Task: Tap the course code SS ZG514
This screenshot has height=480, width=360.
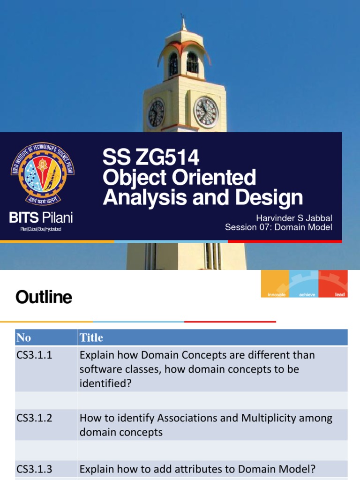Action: point(151,158)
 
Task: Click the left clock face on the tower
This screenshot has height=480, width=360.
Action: point(156,113)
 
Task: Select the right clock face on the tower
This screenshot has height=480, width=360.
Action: point(206,112)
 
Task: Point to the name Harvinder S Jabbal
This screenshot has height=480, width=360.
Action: point(294,218)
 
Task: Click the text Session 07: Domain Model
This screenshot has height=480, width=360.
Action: point(278,227)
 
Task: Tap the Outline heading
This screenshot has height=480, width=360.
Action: point(44,297)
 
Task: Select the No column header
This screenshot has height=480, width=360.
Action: point(23,337)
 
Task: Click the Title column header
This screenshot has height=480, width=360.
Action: point(91,337)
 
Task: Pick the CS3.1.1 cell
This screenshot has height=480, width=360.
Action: point(35,355)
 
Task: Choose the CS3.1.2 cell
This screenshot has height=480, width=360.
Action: point(35,418)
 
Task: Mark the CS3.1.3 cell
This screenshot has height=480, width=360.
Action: point(35,468)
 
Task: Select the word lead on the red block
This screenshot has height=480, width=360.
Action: point(340,294)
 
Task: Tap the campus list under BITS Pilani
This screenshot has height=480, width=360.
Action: point(41,229)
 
